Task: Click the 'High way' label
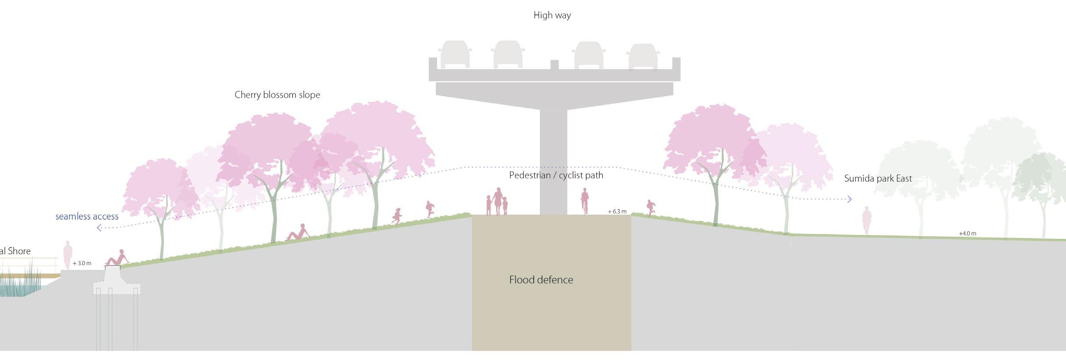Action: coord(552,15)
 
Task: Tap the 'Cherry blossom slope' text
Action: coord(277,95)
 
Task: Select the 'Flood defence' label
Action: coord(541,280)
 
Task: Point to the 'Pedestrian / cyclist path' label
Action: coord(556,175)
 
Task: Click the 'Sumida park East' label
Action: coord(878,178)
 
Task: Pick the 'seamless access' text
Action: coord(87,217)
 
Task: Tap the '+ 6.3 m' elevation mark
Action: coord(617,212)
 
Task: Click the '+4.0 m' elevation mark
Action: coord(968,234)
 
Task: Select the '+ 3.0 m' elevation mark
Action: coord(82,263)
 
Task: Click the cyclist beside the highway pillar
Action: coord(585,201)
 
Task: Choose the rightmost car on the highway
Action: coord(642,56)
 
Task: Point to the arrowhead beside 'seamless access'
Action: coord(99,227)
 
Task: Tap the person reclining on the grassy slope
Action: coord(298,233)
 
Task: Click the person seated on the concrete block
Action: coord(117,259)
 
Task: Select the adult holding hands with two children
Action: coord(498,201)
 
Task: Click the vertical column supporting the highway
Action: coord(553,162)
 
